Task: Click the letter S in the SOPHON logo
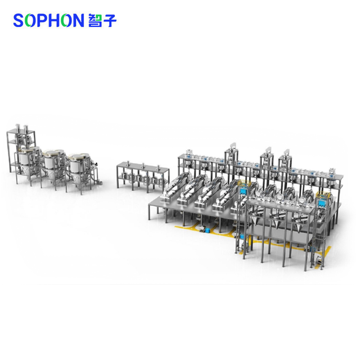click(x=19, y=20)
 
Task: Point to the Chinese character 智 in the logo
click(x=95, y=20)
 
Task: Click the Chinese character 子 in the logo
click(x=110, y=20)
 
